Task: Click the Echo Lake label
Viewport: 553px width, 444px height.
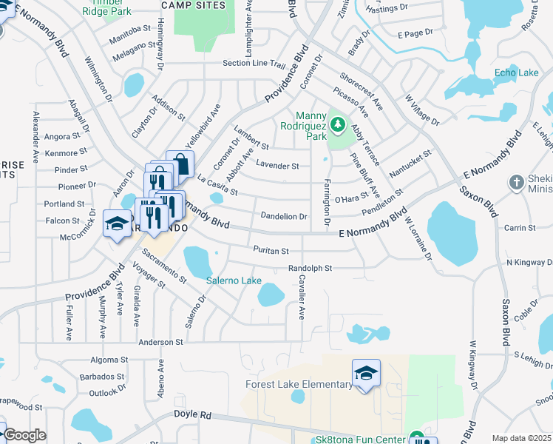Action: [x=516, y=73]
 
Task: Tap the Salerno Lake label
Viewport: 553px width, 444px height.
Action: [x=234, y=280]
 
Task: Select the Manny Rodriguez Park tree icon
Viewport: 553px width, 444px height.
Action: [x=338, y=124]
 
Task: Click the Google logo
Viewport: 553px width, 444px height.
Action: [x=24, y=435]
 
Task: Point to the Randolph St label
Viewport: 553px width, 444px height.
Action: [x=311, y=268]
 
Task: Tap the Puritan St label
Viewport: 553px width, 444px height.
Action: [x=270, y=250]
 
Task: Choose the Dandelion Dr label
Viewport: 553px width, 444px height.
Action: [x=283, y=217]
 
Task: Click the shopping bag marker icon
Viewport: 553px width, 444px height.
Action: [x=180, y=163]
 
